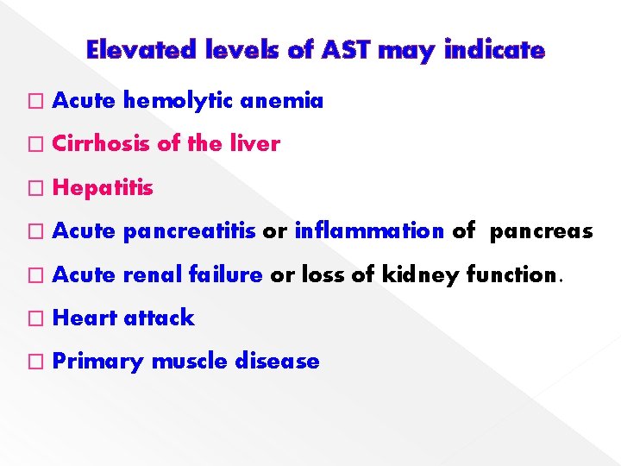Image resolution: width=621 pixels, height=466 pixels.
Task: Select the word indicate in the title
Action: coord(494,51)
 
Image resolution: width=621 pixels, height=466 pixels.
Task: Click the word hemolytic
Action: coord(179,102)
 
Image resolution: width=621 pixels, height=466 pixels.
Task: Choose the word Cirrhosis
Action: coord(102,145)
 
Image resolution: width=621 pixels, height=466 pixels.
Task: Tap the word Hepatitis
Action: coord(103,188)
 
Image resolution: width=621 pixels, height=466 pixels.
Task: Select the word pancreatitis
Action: coord(190,231)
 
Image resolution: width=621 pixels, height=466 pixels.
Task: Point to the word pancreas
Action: coord(542,232)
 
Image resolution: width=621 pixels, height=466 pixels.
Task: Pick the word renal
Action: coord(149,275)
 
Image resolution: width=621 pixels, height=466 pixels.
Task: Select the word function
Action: coord(515,275)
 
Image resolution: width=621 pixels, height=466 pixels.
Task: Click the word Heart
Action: coord(85,318)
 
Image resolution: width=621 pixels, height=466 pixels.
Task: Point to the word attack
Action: coord(160,318)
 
